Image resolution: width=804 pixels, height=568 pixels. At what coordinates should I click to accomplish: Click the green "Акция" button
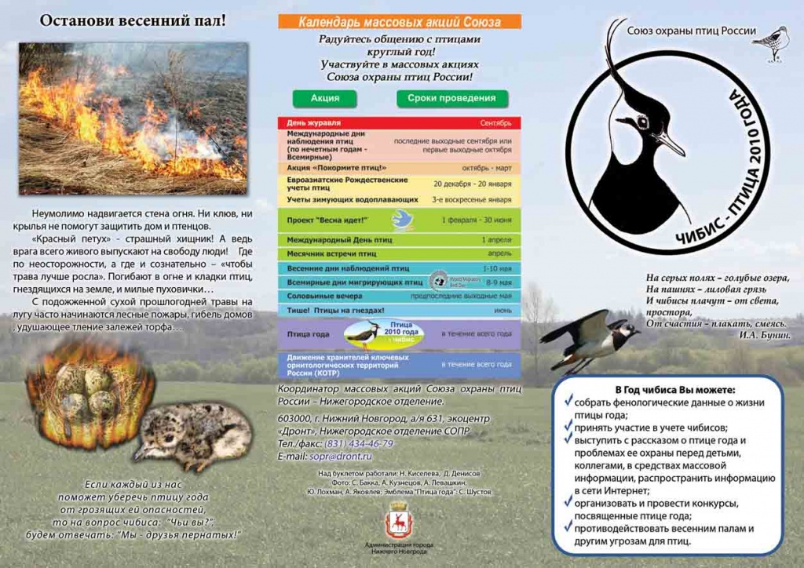pos(325,98)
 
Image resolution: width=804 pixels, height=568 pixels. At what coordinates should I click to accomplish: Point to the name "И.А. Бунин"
pos(763,335)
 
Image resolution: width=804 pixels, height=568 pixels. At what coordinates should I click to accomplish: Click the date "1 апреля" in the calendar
pos(496,239)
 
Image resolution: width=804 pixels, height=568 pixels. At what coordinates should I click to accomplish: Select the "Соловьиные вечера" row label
pos(324,296)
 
